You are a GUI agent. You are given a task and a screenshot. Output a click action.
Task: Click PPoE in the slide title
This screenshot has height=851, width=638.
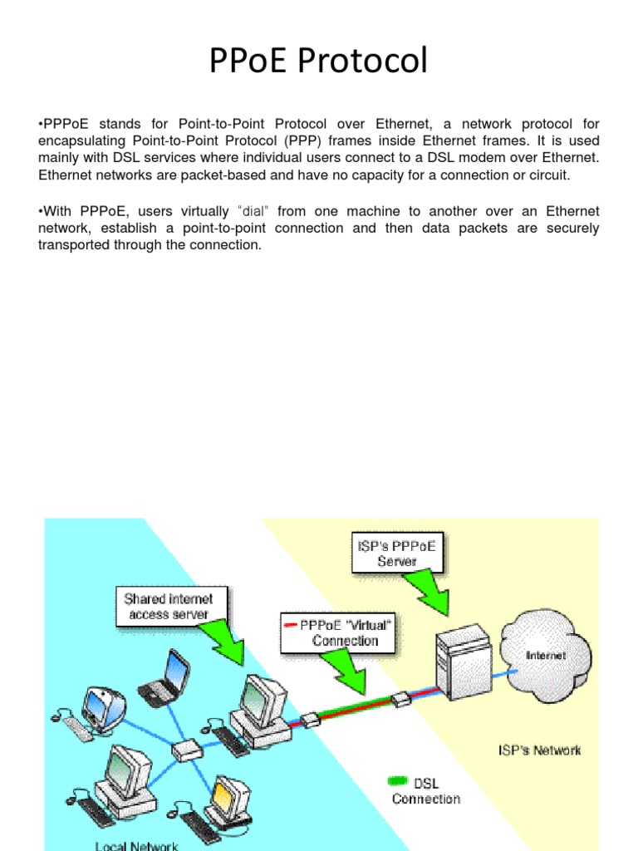click(251, 61)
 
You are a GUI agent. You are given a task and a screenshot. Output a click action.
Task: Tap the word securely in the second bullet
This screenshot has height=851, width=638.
click(572, 229)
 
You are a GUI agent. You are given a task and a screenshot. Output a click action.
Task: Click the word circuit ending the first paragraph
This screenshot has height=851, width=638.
click(547, 175)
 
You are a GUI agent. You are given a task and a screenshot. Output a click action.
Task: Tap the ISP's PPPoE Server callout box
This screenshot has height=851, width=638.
click(397, 553)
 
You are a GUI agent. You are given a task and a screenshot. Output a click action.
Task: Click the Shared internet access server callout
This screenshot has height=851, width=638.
click(168, 606)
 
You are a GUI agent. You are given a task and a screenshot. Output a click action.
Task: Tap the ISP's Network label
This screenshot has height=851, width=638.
click(539, 750)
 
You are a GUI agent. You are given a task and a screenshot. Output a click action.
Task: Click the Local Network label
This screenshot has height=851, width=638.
click(136, 845)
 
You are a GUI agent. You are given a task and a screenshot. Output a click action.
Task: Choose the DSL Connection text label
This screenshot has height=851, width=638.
click(427, 790)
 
